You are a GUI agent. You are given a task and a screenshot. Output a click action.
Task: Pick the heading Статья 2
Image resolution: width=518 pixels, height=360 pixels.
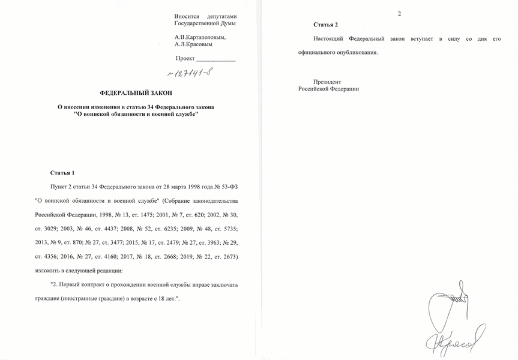pos(325,25)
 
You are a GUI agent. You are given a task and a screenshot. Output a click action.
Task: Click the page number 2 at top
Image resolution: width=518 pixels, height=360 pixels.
pos(399,13)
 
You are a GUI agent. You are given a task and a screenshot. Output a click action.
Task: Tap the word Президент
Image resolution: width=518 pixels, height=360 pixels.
pos(327,81)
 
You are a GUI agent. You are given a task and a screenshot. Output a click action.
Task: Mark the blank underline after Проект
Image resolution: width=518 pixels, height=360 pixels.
pos(216,59)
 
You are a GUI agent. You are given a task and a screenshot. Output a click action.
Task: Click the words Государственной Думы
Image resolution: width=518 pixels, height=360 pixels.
pos(205,23)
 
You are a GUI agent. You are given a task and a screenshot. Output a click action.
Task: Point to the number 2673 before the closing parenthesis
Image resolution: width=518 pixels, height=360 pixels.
pos(227,256)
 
